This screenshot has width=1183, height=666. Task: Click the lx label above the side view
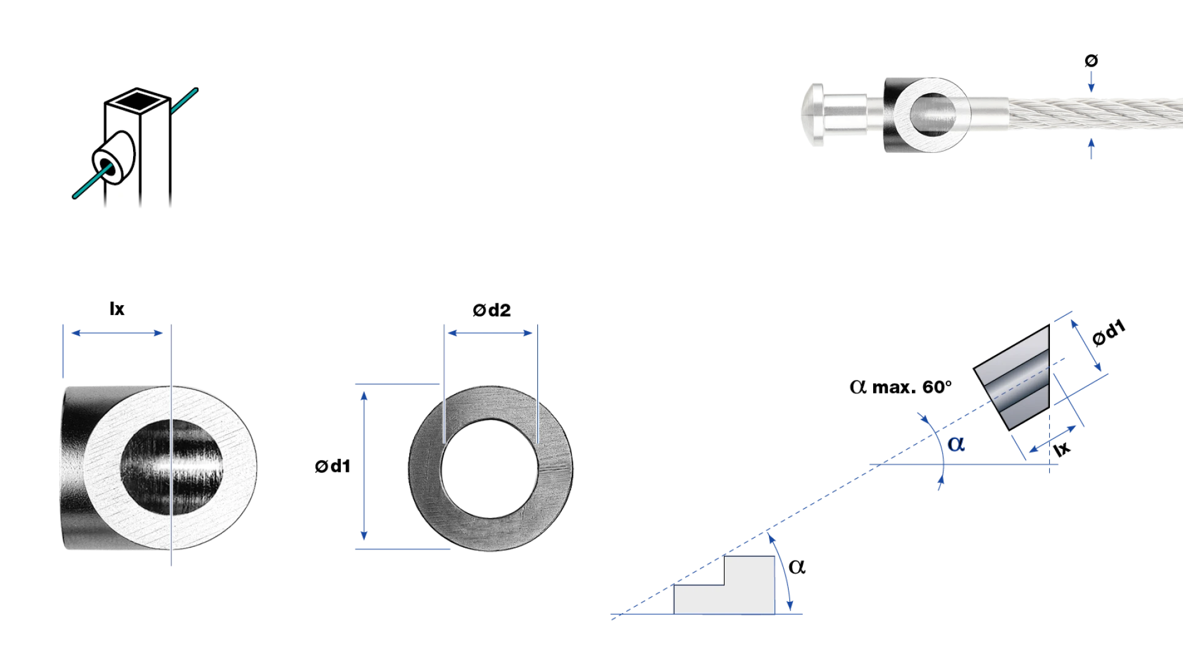117,309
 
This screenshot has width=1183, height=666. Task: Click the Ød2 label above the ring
492,310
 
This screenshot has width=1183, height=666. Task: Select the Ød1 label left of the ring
333,466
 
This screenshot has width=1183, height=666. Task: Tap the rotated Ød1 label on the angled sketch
1108,333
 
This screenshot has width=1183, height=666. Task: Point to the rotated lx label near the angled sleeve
1062,448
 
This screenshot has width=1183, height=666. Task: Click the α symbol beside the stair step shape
797,566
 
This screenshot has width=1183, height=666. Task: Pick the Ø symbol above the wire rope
1091,60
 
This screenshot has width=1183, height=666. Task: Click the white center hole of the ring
490,468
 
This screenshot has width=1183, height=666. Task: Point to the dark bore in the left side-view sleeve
171,467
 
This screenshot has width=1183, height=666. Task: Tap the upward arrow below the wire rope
1091,149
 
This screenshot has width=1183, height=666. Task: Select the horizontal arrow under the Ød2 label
490,333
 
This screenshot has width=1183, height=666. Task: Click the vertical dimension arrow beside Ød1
364,466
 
